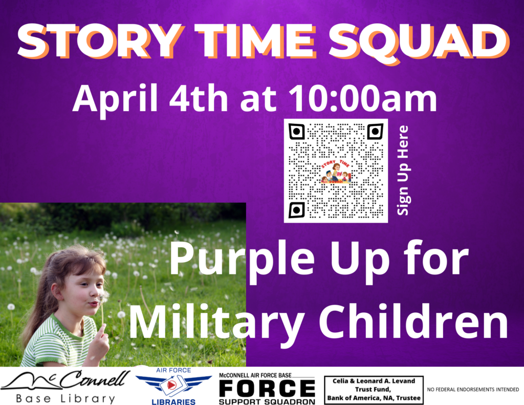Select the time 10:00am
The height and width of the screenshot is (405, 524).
(x=363, y=98)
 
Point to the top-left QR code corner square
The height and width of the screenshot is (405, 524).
(x=296, y=132)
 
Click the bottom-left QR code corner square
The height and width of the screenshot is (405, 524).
(x=296, y=210)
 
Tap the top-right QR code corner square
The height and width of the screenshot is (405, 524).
(x=375, y=132)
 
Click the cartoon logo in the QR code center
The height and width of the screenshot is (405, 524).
(x=336, y=171)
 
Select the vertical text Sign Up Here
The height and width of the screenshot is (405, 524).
(x=403, y=170)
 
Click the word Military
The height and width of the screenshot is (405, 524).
(x=216, y=323)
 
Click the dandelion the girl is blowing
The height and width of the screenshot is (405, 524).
(x=104, y=296)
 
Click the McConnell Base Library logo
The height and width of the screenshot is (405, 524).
(x=65, y=386)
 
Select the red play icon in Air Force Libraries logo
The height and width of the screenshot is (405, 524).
(x=171, y=385)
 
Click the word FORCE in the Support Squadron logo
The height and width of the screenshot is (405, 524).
(x=267, y=389)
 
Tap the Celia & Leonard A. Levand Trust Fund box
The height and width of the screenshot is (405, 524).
(x=374, y=390)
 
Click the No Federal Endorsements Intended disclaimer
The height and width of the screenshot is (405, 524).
(x=473, y=390)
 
